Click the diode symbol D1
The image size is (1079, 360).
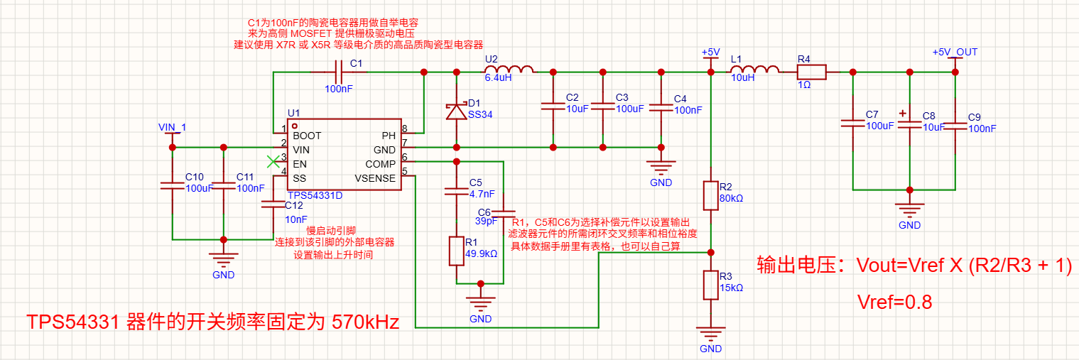[456, 111]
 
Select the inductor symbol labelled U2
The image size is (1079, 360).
[509, 70]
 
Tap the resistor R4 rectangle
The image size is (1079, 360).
[812, 72]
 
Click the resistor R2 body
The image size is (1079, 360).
[710, 195]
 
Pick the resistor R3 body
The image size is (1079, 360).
[710, 285]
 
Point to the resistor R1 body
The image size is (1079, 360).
[456, 251]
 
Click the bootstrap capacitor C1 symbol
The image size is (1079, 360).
[339, 72]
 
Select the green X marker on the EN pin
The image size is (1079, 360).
[273, 161]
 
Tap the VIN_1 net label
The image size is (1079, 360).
[172, 127]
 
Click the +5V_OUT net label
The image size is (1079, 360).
[955, 52]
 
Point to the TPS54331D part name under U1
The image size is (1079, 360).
[315, 195]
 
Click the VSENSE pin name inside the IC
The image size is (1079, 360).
[375, 178]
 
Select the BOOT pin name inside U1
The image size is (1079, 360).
[307, 136]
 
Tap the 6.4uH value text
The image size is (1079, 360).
[498, 78]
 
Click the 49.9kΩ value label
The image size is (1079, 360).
[481, 253]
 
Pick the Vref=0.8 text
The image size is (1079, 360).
[894, 302]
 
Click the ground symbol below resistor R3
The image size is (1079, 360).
[710, 333]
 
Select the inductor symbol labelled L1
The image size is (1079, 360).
[755, 70]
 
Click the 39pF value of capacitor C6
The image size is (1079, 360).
[486, 222]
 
